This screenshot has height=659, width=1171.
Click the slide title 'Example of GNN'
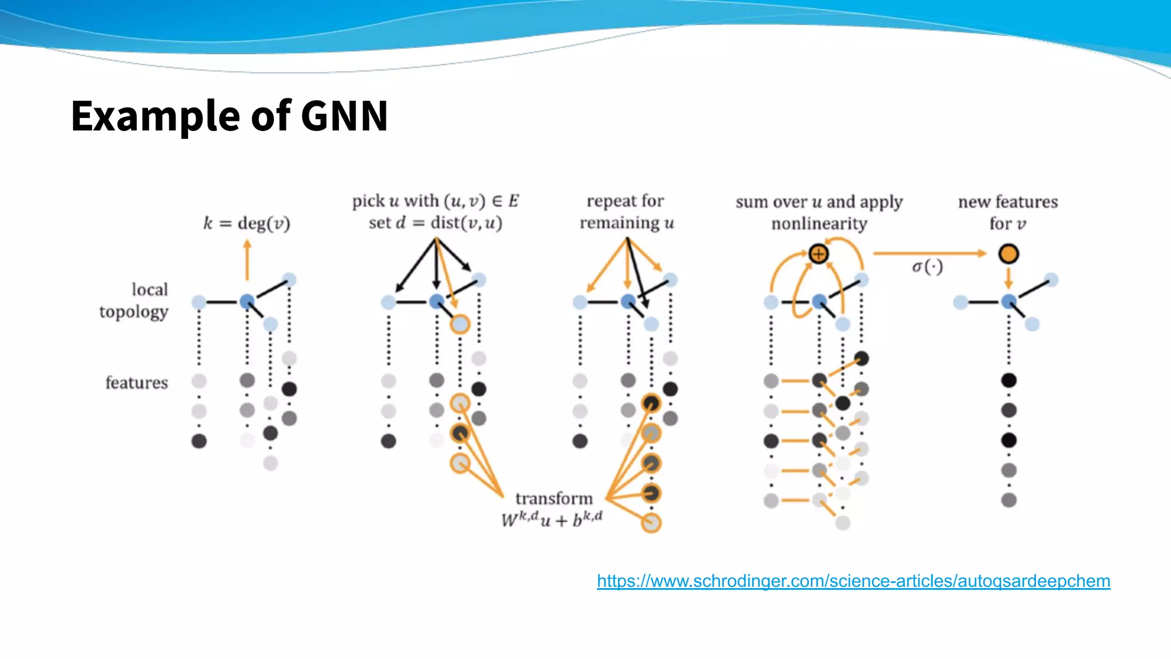point(229,116)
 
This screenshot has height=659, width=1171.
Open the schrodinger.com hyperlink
point(853,581)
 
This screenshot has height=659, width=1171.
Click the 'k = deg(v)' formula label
point(247,223)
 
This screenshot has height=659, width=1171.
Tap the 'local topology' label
point(135,300)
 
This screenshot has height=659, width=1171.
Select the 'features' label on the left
point(137,382)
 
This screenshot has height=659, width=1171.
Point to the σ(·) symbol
point(927,267)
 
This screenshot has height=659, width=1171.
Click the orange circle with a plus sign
point(818,254)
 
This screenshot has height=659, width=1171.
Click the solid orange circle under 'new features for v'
point(1009,254)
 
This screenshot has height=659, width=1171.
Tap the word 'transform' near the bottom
point(553,499)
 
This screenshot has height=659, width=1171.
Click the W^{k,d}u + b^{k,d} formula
point(552,519)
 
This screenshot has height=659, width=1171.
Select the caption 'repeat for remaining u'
point(627,212)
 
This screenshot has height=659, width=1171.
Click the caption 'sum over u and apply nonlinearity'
point(819,212)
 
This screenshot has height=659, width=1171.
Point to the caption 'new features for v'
point(1007,212)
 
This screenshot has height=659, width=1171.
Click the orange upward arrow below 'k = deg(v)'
point(247,260)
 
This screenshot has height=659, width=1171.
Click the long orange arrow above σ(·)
point(929,253)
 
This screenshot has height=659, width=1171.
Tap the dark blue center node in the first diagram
point(247,301)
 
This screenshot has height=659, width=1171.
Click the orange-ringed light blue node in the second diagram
point(460,324)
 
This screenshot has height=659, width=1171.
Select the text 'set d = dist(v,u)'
point(435,223)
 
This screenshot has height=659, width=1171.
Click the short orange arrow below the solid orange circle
point(1009,278)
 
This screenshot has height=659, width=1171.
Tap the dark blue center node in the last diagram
point(1009,301)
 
